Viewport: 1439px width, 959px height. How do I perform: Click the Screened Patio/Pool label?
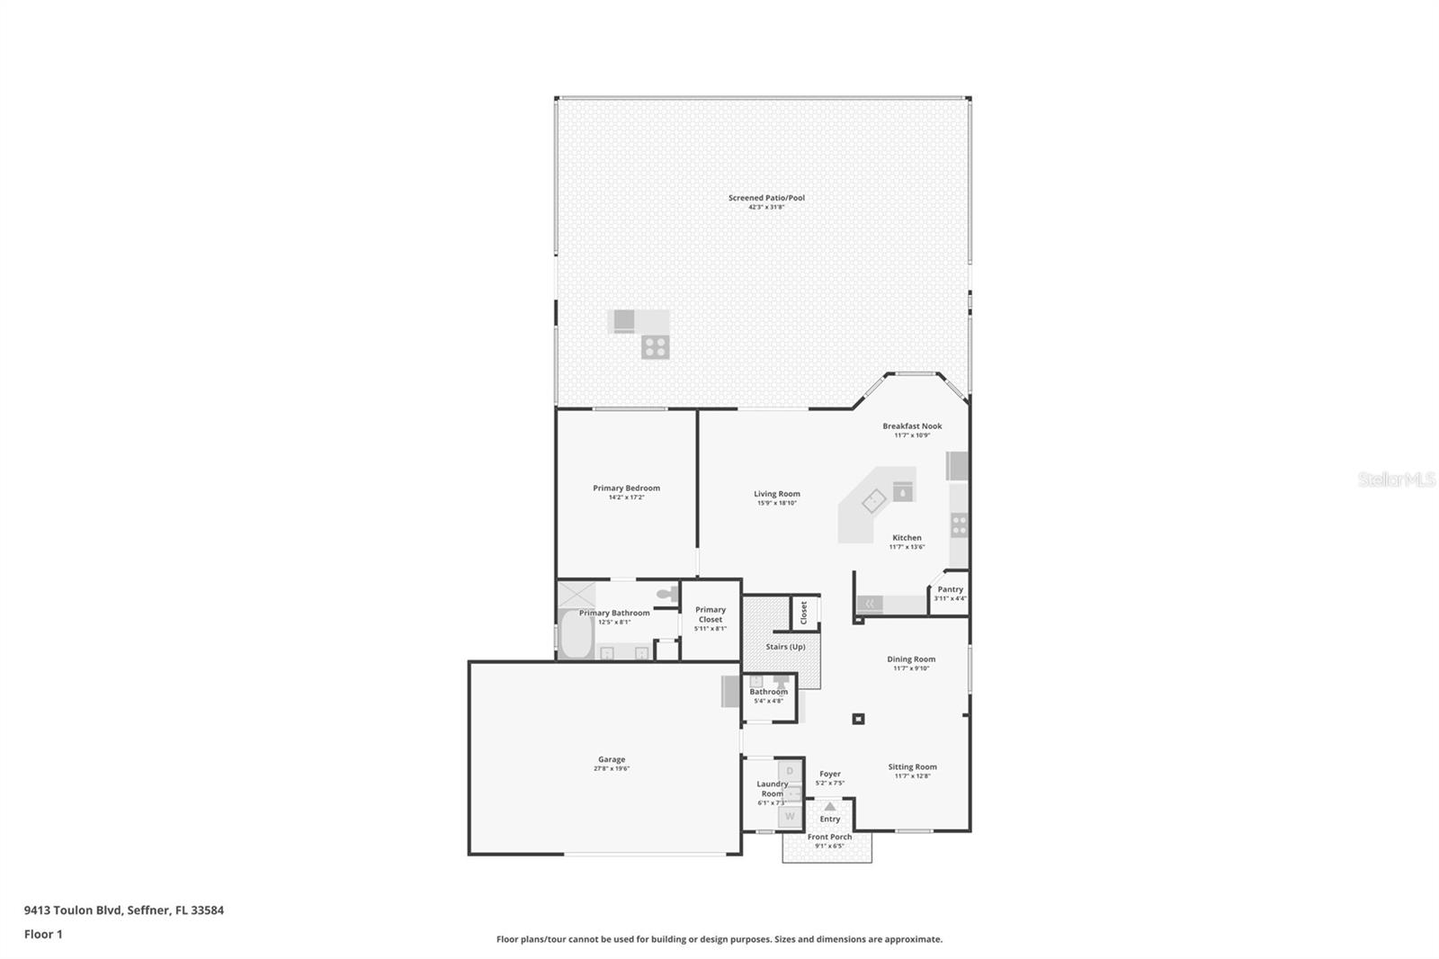pyautogui.click(x=766, y=198)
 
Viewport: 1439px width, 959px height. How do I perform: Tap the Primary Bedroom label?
pyautogui.click(x=626, y=488)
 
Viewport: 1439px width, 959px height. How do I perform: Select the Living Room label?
pyautogui.click(x=777, y=494)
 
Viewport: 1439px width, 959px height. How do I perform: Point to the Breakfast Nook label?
pyautogui.click(x=912, y=426)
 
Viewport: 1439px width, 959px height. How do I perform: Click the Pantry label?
pyautogui.click(x=950, y=589)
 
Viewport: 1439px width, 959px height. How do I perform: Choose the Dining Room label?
pyautogui.click(x=911, y=659)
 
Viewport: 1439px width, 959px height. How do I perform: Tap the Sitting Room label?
pyautogui.click(x=912, y=767)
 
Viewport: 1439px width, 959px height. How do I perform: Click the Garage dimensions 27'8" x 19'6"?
pyautogui.click(x=612, y=769)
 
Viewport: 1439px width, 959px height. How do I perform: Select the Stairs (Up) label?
pyautogui.click(x=785, y=647)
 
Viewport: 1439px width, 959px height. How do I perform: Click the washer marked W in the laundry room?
pyautogui.click(x=790, y=817)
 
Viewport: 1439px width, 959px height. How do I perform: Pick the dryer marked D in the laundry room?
pyautogui.click(x=790, y=771)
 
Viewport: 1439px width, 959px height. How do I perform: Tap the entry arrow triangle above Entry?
pyautogui.click(x=829, y=807)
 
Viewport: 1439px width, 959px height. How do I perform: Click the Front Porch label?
pyautogui.click(x=829, y=837)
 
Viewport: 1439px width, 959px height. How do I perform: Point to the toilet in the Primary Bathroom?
pyautogui.click(x=666, y=594)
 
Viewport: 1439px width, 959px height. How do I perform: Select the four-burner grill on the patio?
pyautogui.click(x=655, y=346)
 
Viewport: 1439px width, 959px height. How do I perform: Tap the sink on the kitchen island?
pyautogui.click(x=874, y=501)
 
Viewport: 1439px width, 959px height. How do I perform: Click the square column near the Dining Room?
pyautogui.click(x=858, y=719)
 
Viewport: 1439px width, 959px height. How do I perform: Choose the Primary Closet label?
pyautogui.click(x=710, y=614)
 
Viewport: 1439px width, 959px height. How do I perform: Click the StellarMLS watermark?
pyautogui.click(x=1396, y=480)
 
